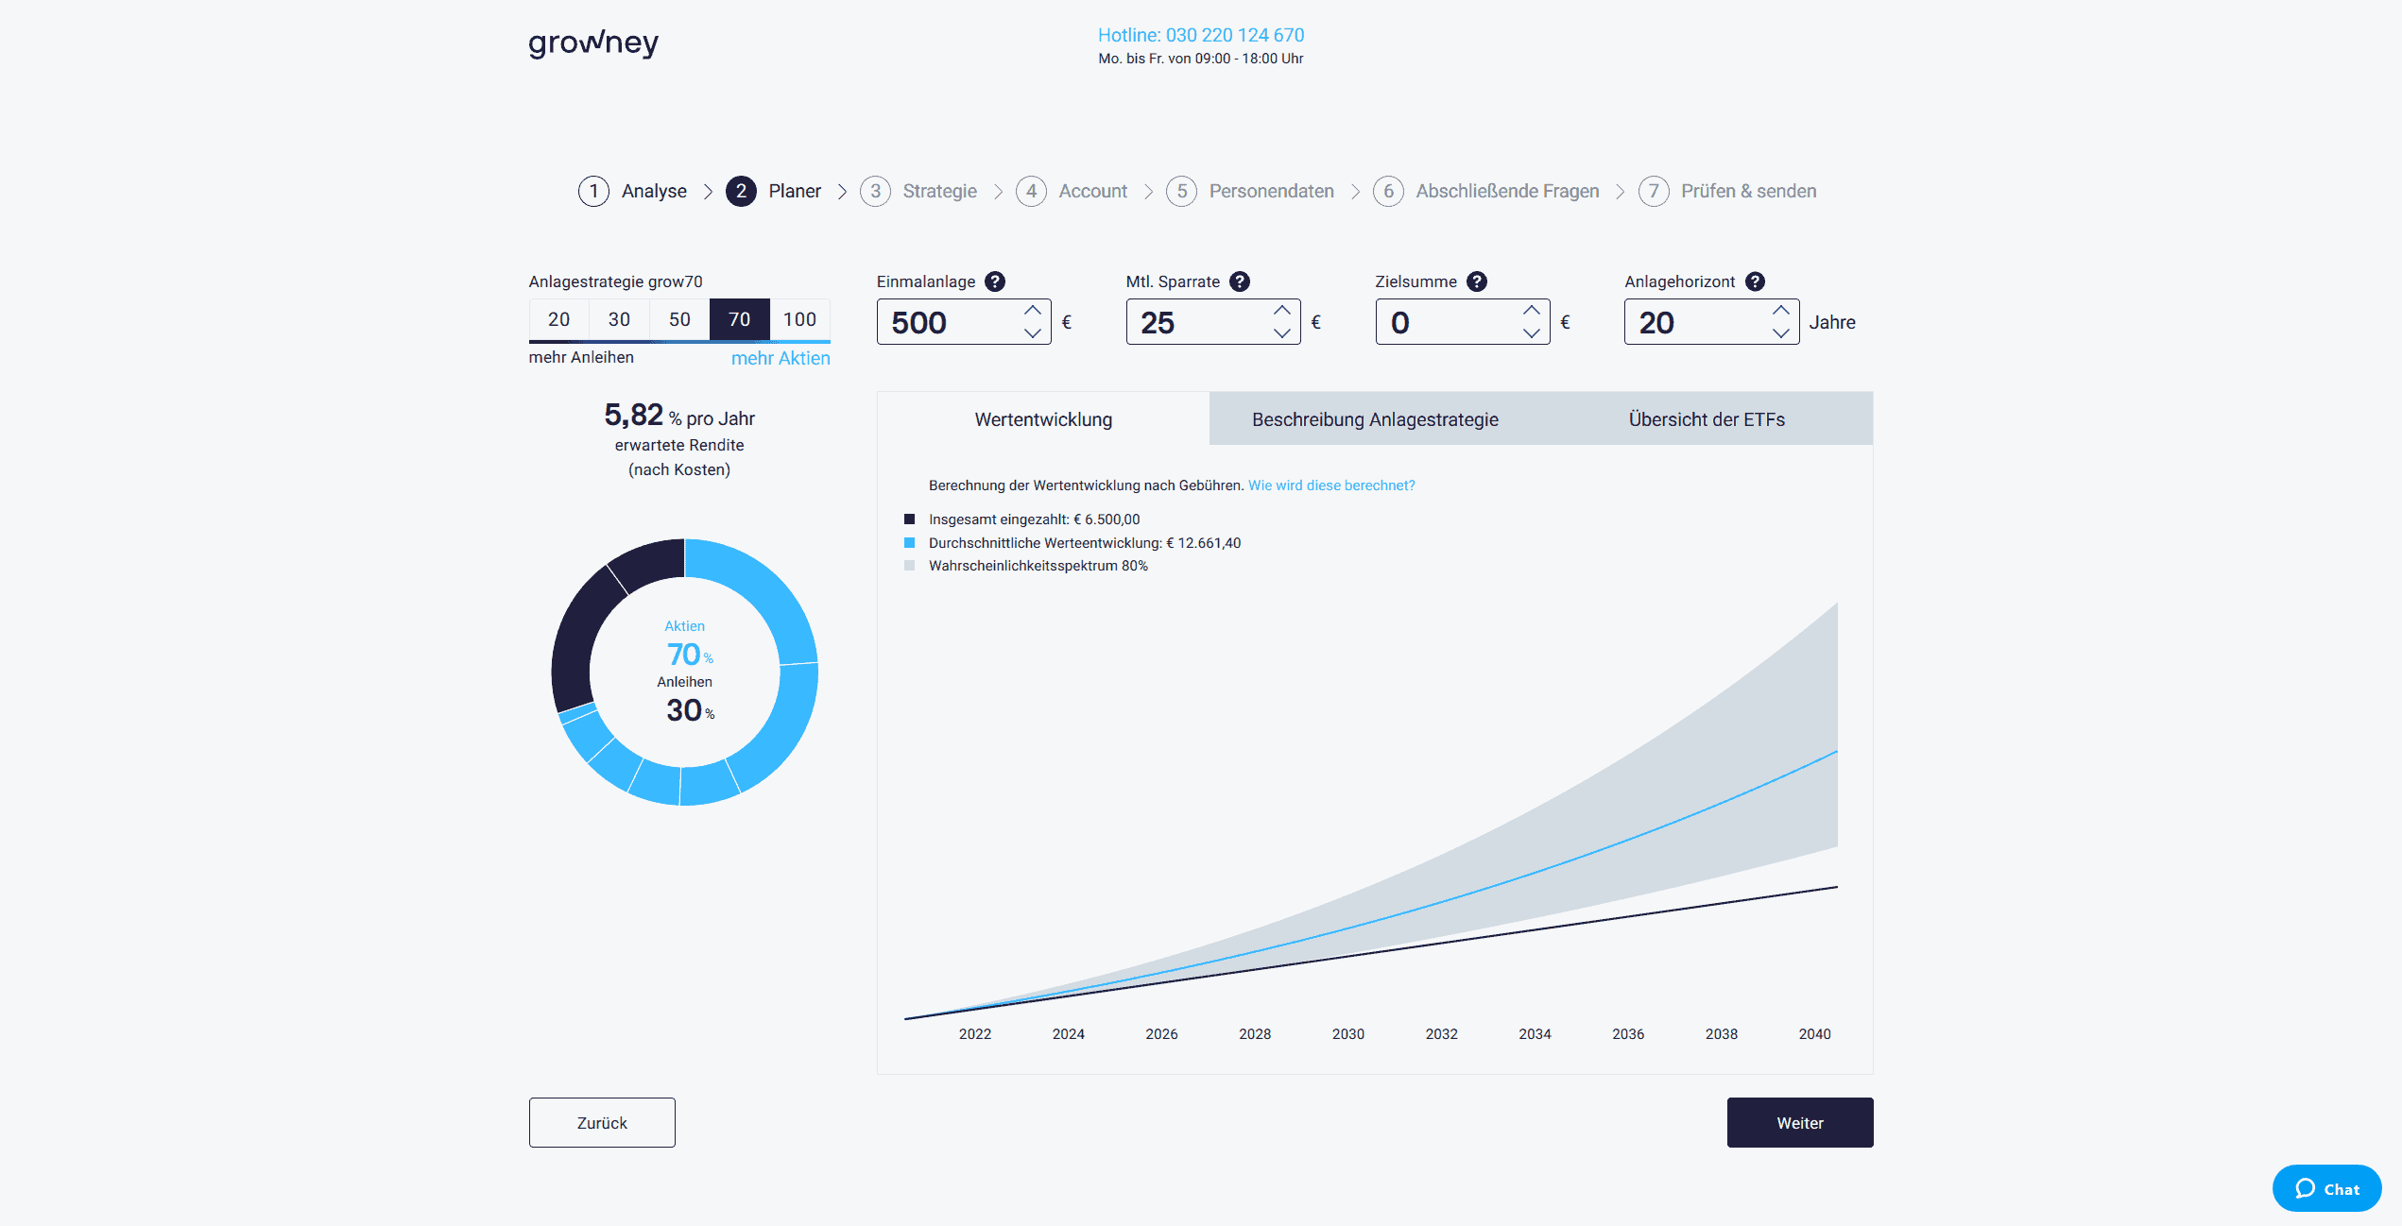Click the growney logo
(593, 43)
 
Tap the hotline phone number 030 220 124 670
(1200, 35)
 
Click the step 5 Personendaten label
(1271, 191)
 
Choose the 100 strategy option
(799, 319)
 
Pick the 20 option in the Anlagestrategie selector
(558, 319)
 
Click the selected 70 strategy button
(739, 319)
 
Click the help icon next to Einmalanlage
(995, 281)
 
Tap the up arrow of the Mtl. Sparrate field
(1281, 311)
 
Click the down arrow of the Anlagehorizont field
(1780, 333)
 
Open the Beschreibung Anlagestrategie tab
(1375, 419)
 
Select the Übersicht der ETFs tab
(1707, 419)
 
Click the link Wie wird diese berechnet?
(1331, 485)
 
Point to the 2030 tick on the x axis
(1348, 1034)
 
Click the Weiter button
(1799, 1123)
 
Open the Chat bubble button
(2326, 1189)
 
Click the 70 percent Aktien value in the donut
(684, 655)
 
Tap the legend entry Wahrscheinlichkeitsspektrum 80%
(1038, 566)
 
